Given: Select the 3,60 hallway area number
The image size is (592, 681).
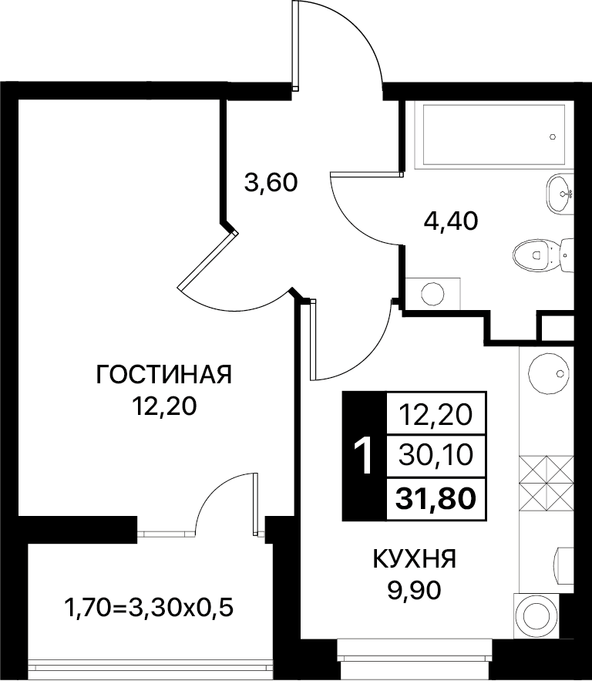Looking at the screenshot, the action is point(271,183).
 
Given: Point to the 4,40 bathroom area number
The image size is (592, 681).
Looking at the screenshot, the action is point(450,221).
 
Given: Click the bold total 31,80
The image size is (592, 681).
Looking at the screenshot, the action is point(436,497).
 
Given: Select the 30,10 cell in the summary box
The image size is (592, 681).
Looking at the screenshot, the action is point(436,455).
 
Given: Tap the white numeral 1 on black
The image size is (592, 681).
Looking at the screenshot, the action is point(364,456).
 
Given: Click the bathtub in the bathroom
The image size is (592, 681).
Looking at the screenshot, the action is point(494,134).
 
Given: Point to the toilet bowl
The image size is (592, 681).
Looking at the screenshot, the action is point(543,255).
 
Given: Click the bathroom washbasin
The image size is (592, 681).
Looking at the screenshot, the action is point(559,194).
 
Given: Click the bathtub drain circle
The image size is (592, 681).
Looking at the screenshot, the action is point(553,137).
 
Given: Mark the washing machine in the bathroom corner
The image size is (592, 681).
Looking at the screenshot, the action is point(432,294).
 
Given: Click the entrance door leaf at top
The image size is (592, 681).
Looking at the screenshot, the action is point(295,46).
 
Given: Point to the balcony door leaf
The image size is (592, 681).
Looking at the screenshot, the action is point(256,504).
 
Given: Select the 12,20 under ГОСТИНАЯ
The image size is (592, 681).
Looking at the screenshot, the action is point(164,407).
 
